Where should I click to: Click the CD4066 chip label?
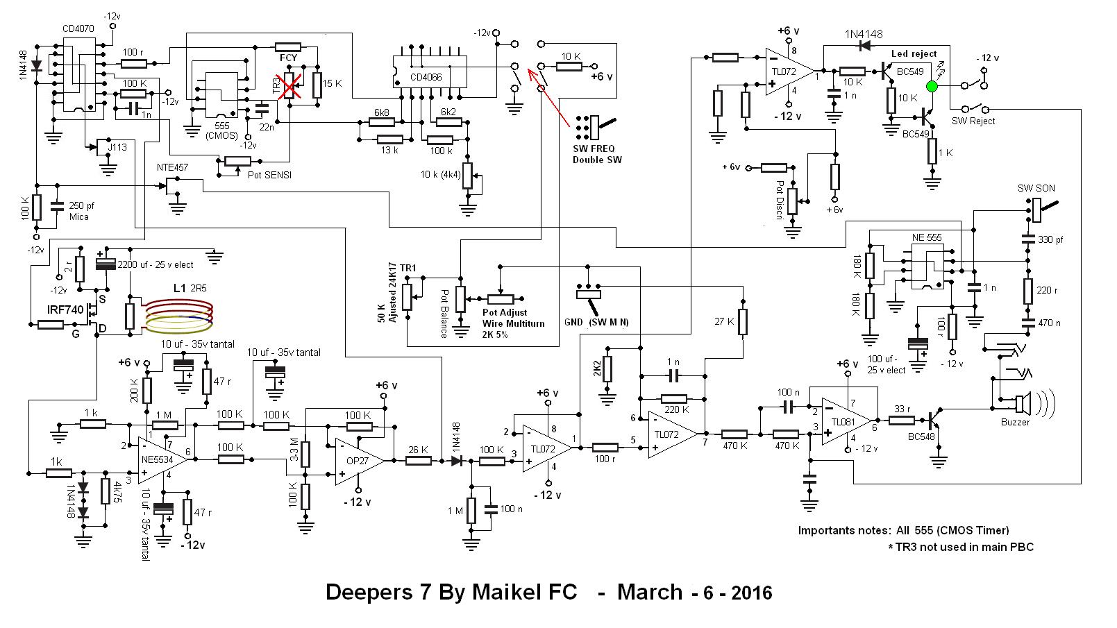(x=426, y=77)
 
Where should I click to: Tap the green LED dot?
(x=932, y=86)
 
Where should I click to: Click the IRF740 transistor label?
(x=65, y=309)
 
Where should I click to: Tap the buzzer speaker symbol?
(x=1023, y=404)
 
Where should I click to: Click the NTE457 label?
(x=173, y=167)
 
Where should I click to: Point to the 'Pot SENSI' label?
(x=269, y=175)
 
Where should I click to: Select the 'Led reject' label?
(x=914, y=53)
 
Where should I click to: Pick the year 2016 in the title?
(x=748, y=593)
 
